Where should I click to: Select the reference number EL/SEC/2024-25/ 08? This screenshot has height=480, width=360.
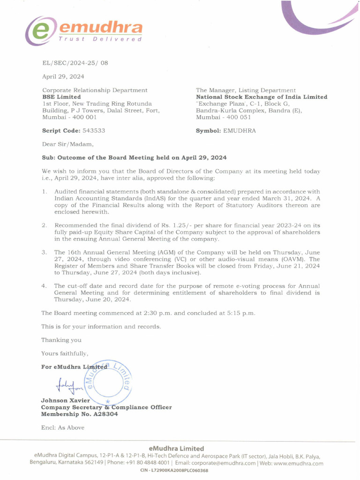click(x=75, y=63)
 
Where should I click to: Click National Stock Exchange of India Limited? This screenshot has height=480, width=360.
click(x=261, y=97)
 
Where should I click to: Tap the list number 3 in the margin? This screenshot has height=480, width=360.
click(x=44, y=252)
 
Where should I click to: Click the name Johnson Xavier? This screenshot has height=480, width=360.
click(x=65, y=400)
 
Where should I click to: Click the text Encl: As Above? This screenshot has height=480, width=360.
click(x=63, y=427)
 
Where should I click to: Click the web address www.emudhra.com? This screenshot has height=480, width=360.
click(x=297, y=463)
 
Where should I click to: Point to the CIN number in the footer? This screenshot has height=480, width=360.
click(x=174, y=471)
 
